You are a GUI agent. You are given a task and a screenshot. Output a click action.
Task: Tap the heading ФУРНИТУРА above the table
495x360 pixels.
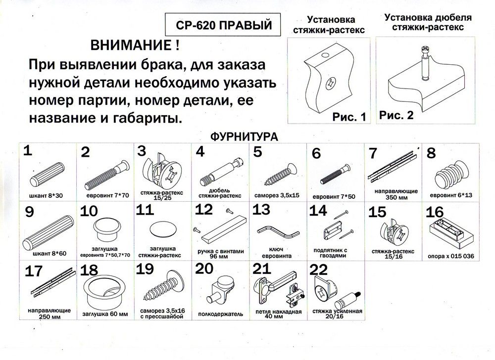[x=242, y=135]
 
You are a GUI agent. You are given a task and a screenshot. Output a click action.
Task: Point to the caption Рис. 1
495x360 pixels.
[x=350, y=117]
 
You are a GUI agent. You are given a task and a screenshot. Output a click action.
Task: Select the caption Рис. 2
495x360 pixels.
[x=396, y=115]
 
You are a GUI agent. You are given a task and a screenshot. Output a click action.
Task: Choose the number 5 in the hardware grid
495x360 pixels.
[x=257, y=152]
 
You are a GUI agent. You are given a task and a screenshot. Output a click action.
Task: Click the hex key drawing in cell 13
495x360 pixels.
[x=277, y=231]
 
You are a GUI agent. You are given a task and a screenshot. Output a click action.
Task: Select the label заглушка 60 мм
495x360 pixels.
[x=104, y=313]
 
